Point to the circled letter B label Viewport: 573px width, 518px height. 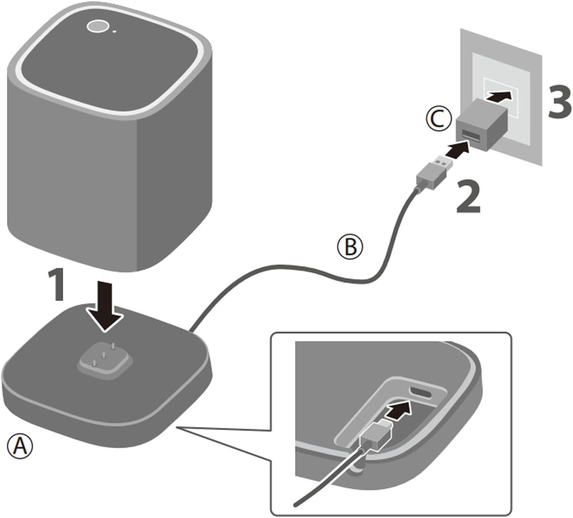(x=349, y=246)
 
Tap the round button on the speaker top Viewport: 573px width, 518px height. (x=98, y=26)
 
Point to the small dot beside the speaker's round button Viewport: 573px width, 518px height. (x=115, y=31)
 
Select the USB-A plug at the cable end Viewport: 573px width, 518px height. (x=432, y=172)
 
